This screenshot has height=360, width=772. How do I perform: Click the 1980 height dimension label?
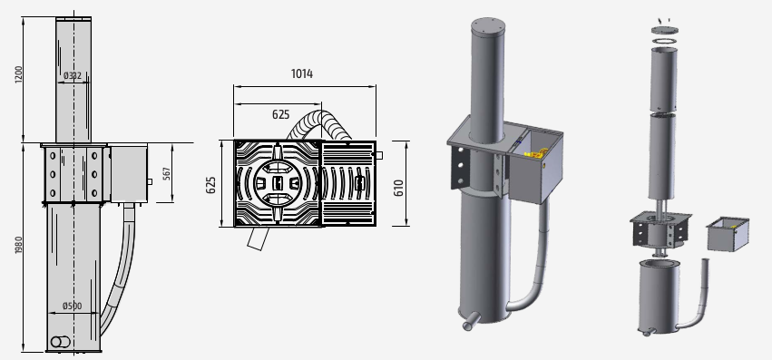pos(19,245)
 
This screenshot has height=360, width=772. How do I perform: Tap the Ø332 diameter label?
pos(73,75)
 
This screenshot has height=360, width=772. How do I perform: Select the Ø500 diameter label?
pos(73,306)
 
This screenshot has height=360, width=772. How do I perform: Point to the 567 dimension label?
pos(166,173)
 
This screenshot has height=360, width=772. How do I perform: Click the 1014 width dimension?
pos(302,73)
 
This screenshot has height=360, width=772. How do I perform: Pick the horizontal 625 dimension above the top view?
pos(280,114)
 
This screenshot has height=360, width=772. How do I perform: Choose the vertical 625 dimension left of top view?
pos(210,185)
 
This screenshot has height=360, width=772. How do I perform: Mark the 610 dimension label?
pos(398,188)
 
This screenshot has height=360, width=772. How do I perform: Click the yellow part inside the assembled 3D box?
pos(535,153)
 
